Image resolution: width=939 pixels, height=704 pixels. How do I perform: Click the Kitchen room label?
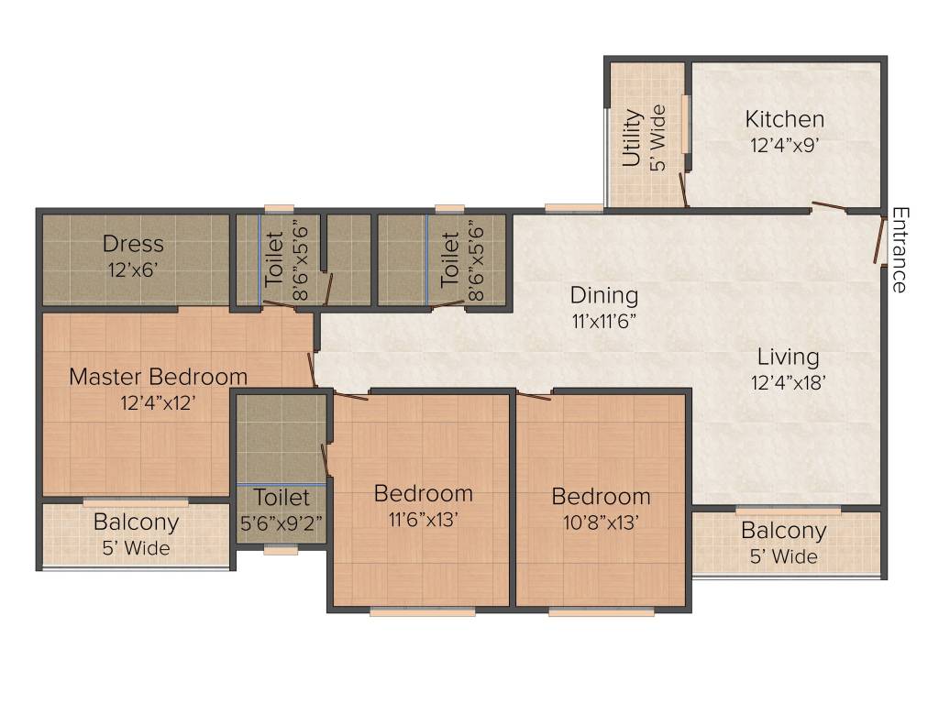click(x=784, y=119)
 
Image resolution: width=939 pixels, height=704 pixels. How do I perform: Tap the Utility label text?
click(x=631, y=138)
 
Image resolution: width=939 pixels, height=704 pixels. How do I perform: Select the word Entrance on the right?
click(x=900, y=249)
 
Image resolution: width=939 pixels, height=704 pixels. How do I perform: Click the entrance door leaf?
click(x=878, y=240)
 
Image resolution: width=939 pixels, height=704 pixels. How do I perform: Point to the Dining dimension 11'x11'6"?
click(x=603, y=322)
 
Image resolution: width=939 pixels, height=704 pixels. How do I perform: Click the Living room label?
click(x=788, y=357)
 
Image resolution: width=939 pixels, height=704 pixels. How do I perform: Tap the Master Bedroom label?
click(x=159, y=377)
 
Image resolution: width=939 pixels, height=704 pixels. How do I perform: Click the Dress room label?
click(x=133, y=244)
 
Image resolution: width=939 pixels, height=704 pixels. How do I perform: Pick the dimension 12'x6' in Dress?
click(x=133, y=271)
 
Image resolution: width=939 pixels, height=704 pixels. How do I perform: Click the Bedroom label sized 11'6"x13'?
click(x=424, y=493)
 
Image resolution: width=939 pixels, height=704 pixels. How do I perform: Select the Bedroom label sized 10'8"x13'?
click(x=601, y=496)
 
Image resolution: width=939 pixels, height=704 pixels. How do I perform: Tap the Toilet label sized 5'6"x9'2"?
click(x=282, y=498)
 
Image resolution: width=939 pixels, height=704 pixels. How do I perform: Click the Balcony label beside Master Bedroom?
click(x=136, y=522)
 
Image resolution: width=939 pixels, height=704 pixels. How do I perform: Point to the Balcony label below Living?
click(x=783, y=531)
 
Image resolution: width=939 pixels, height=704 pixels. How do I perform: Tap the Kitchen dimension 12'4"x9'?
click(x=784, y=145)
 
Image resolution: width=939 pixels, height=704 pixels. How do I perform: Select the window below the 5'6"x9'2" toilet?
click(x=281, y=551)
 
